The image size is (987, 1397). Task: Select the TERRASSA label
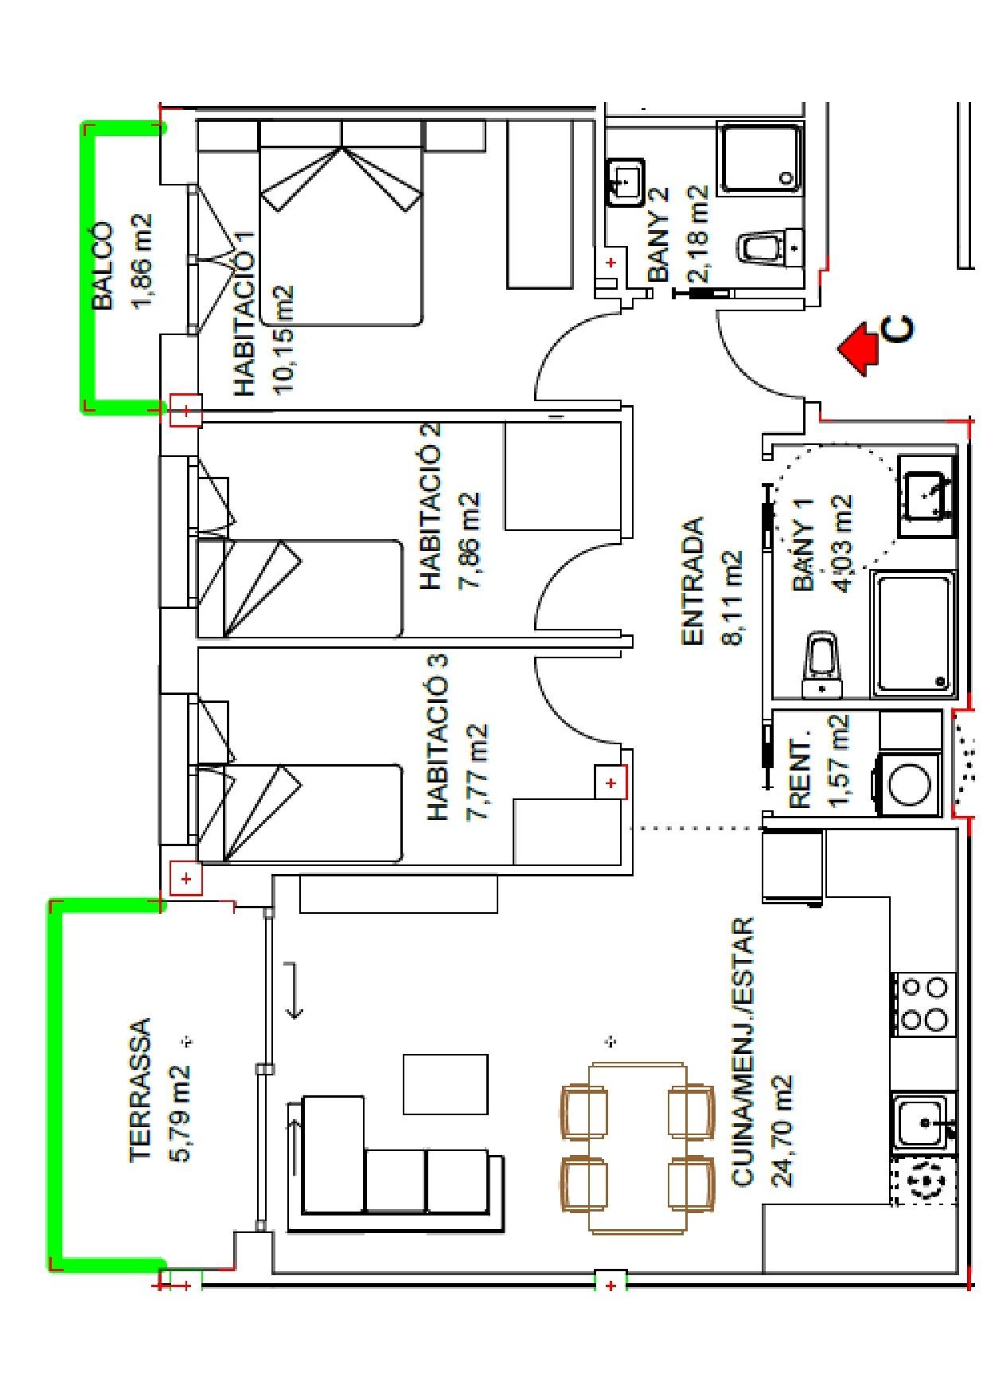click(140, 1090)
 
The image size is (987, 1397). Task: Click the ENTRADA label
click(693, 580)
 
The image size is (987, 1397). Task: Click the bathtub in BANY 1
click(914, 633)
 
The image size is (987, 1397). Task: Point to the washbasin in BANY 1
click(926, 495)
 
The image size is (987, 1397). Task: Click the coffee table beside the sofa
click(445, 1083)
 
